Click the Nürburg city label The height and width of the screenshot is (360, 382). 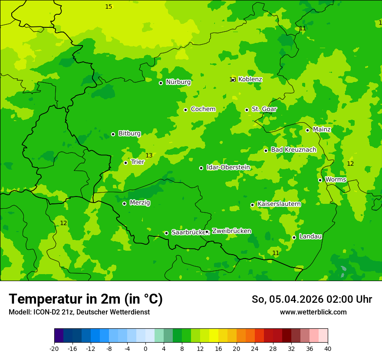coord(178,82)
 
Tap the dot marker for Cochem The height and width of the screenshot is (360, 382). coord(185,110)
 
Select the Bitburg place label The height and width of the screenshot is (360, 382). coord(129,134)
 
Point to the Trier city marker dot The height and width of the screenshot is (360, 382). coord(125,163)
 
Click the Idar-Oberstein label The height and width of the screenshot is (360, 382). coord(228,167)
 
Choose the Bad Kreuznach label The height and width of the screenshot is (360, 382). coord(293,150)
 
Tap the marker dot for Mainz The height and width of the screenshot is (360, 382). coord(307,130)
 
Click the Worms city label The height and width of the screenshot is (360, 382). coord(336,180)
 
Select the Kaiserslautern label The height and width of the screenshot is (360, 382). coord(279,204)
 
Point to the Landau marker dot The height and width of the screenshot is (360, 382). coord(294,237)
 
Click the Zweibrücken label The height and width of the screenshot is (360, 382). coord(231,231)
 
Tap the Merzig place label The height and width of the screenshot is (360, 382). coord(140,203)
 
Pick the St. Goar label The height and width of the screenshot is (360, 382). coord(264,109)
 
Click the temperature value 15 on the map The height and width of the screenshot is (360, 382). coord(109,7)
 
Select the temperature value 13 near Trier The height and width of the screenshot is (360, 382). coord(149,155)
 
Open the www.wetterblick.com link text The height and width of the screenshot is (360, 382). coord(313,312)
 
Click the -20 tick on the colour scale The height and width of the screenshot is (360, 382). coord(54,349)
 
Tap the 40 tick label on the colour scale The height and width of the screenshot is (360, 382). coord(328,349)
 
